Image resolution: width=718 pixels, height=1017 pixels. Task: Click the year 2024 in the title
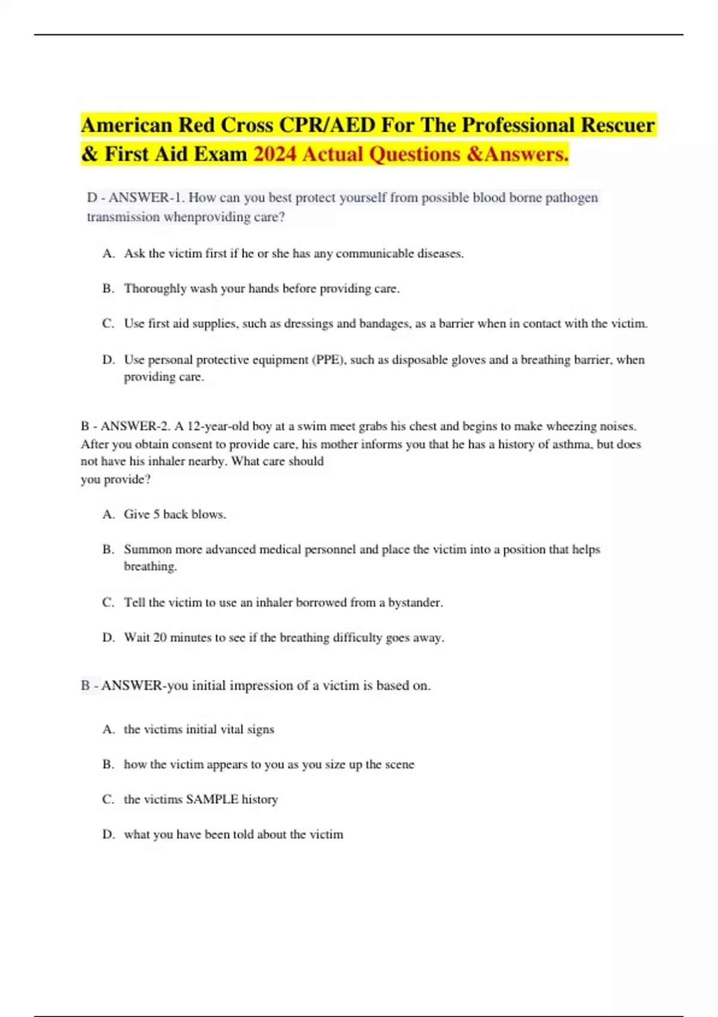coord(275,154)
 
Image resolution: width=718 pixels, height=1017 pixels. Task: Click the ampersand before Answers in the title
coord(474,154)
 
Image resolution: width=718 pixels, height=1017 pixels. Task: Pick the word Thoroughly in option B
coord(155,289)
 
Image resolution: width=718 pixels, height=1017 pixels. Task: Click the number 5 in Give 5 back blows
coord(156,514)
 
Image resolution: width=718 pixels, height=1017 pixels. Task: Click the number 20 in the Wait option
coord(160,638)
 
